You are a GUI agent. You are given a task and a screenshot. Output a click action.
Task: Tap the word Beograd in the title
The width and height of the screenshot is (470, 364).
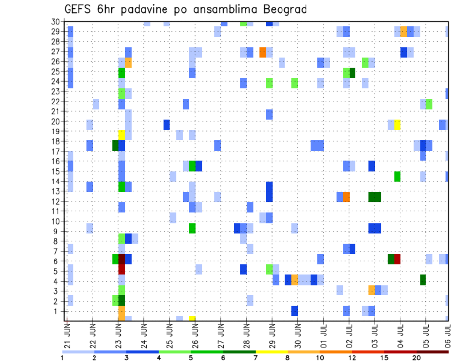pos(284,9)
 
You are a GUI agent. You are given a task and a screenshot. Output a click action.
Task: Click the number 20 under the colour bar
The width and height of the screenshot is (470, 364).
pos(417,358)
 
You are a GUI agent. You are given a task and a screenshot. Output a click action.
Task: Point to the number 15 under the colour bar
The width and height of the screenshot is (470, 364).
pos(384,358)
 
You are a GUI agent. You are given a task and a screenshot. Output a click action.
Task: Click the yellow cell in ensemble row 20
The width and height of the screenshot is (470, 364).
pos(398,125)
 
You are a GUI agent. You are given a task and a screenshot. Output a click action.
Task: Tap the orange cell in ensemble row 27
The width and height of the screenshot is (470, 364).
pos(263,52)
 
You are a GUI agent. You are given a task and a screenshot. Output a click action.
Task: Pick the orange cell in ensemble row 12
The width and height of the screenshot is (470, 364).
pos(346,197)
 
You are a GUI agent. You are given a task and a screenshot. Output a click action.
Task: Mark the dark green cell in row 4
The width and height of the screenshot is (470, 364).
pos(423,280)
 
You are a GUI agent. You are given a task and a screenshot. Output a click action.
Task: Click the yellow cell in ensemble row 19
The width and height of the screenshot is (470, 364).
pos(122,134)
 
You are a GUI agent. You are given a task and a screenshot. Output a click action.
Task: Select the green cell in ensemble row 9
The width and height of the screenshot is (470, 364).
pos(192,228)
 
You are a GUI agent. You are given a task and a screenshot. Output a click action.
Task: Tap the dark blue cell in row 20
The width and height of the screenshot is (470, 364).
pos(166,125)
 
